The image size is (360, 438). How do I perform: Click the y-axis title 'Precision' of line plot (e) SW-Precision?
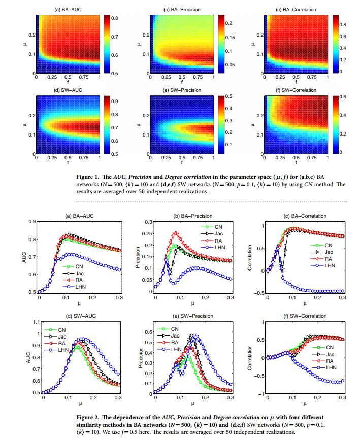[138, 357]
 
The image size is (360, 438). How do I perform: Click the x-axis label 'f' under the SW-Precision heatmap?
[181, 164]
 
